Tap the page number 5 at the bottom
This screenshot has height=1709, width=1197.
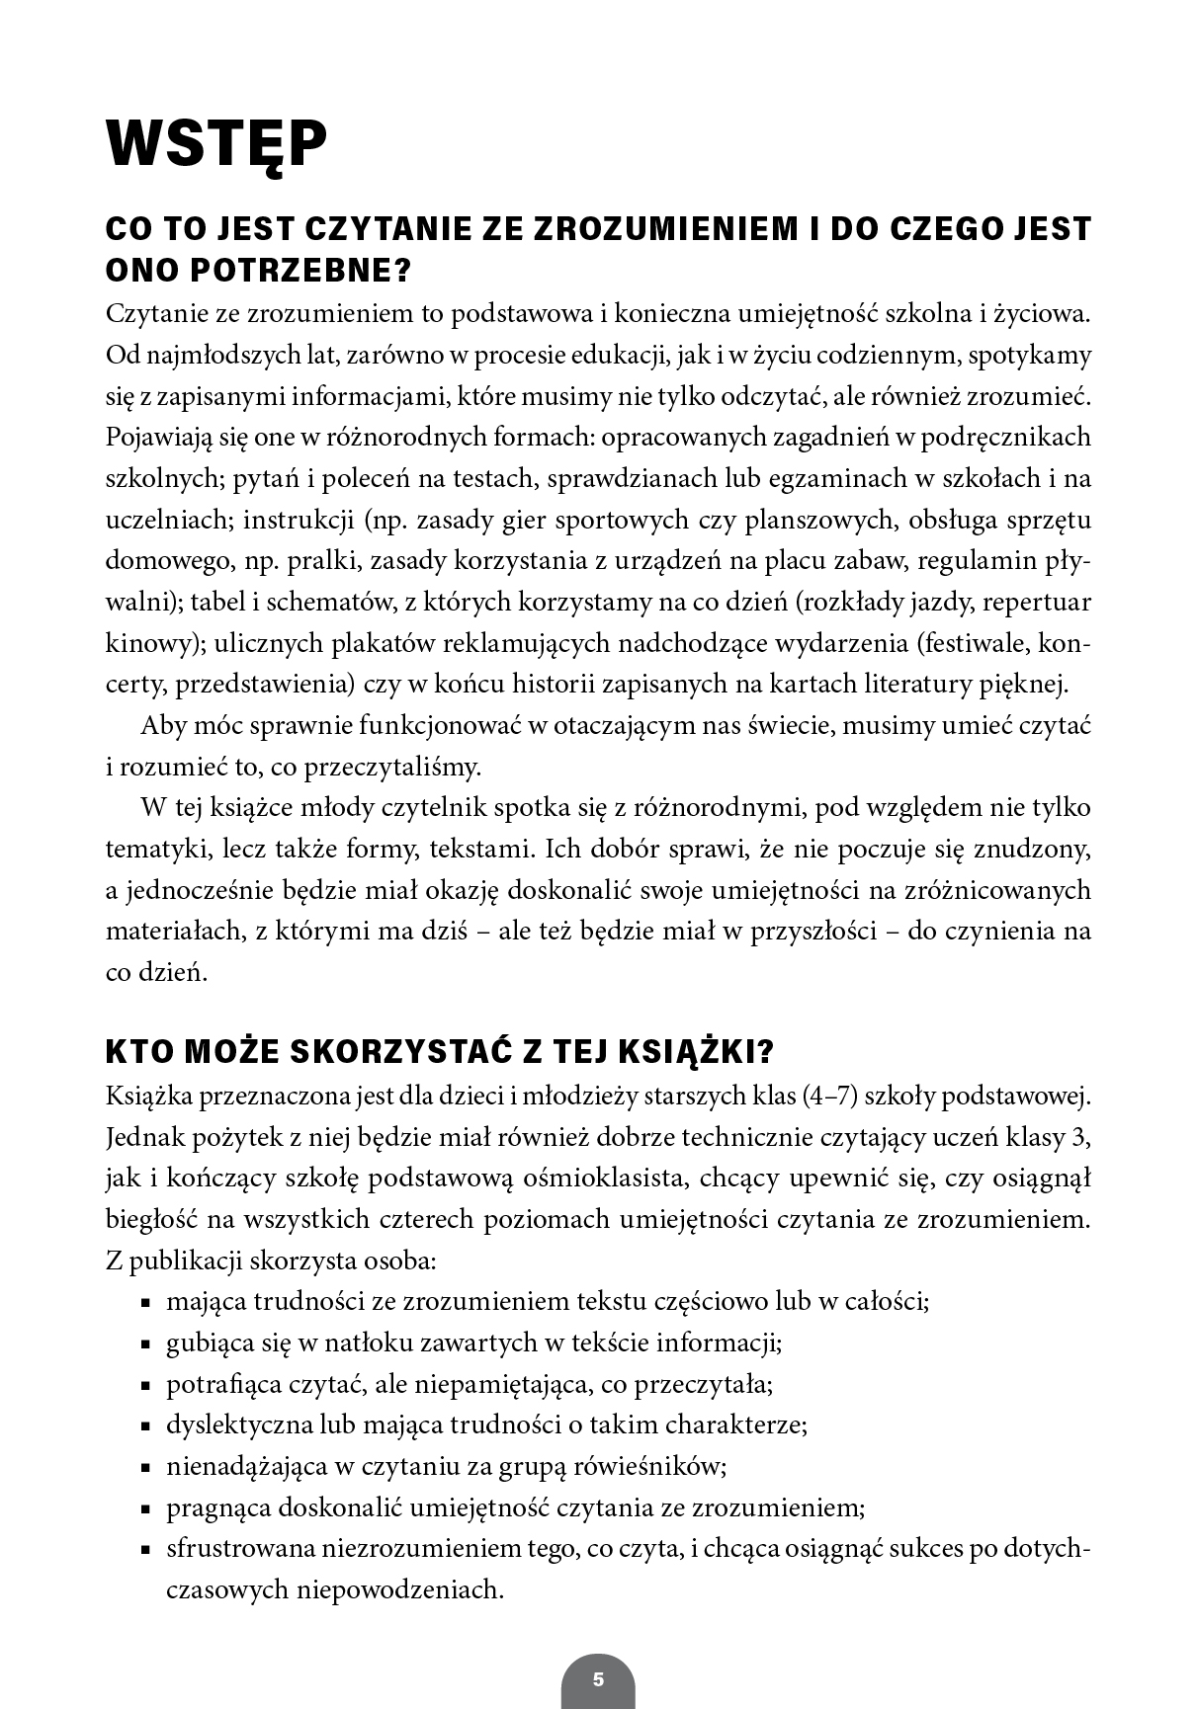tap(598, 1679)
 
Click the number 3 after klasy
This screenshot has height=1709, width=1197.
tap(1081, 1137)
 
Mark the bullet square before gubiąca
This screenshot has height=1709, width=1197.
tap(145, 1344)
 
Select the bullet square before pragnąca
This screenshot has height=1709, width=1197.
tap(145, 1509)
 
